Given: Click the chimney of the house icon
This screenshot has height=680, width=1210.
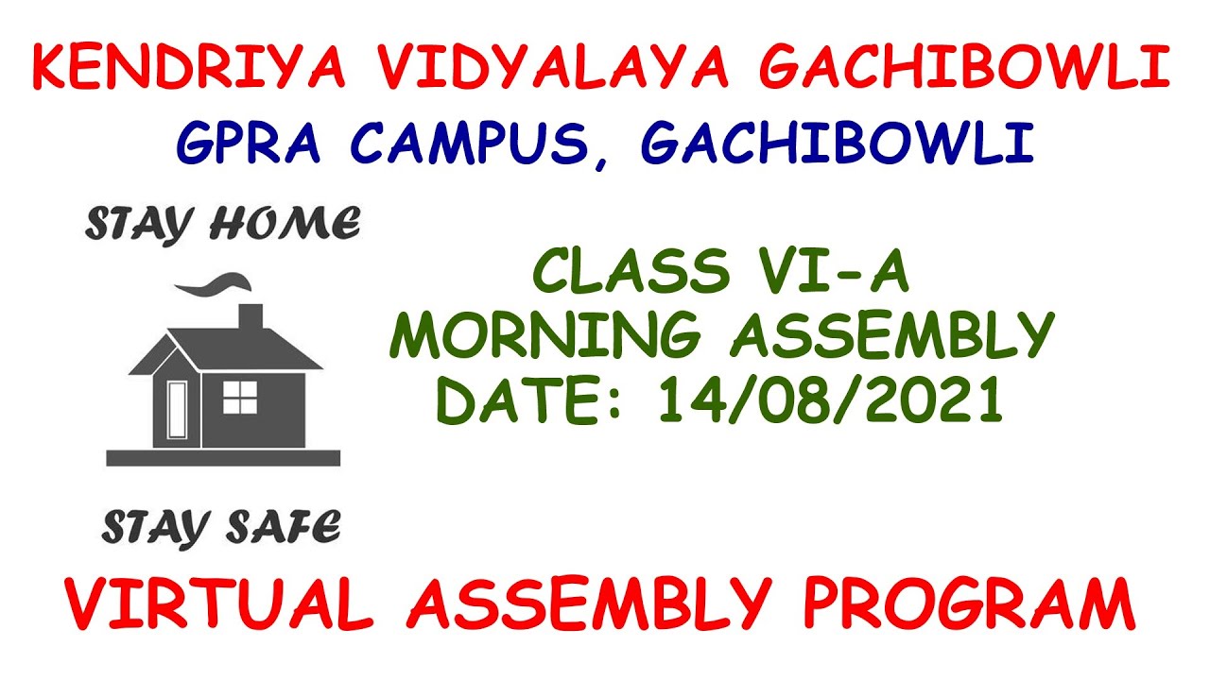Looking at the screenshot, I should pyautogui.click(x=250, y=318).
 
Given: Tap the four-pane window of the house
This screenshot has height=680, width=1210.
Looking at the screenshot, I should pyautogui.click(x=239, y=398).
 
